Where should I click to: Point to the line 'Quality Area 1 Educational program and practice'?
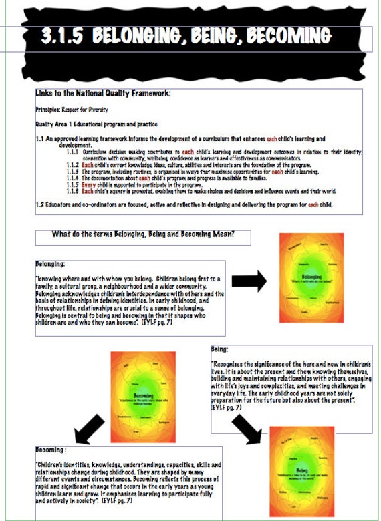coord(96,124)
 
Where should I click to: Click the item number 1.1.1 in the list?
coord(73,152)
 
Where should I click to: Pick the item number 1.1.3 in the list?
coord(73,172)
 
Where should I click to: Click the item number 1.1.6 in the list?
coord(73,191)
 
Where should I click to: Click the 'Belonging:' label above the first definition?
coord(50,264)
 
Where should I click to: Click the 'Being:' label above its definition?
coord(220,349)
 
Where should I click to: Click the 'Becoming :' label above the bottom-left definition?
coord(51,451)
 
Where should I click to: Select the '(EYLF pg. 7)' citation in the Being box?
coord(225,407)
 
